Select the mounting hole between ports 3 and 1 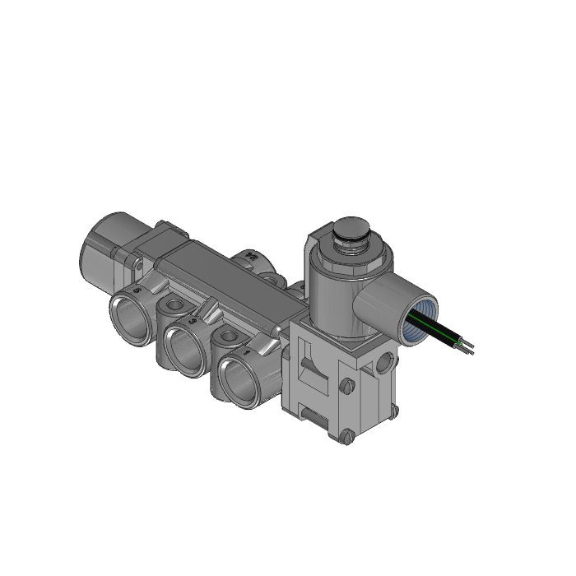[x=227, y=337]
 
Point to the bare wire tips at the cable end [x=468, y=347]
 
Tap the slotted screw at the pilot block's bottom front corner [x=347, y=436]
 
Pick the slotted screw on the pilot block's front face [x=346, y=384]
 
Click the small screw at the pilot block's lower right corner [x=393, y=410]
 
